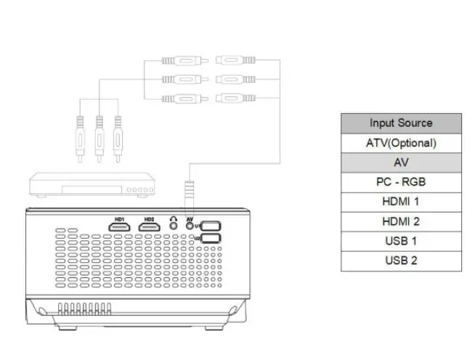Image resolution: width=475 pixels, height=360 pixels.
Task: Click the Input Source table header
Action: [x=401, y=123]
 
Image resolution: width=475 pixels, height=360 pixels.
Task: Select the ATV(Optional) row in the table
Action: [x=401, y=143]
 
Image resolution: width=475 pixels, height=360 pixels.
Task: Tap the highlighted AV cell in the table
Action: [x=401, y=163]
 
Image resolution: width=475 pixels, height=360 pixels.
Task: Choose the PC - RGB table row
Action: [x=401, y=182]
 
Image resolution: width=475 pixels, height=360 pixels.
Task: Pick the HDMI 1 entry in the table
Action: [x=401, y=202]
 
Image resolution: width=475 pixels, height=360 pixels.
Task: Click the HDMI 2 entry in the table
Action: [x=401, y=221]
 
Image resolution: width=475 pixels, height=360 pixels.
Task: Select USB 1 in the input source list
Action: [x=401, y=241]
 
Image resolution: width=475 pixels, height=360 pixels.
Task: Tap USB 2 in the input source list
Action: [x=401, y=261]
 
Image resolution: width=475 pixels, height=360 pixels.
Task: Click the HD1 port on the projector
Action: [x=120, y=227]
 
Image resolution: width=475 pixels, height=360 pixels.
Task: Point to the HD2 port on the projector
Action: [x=150, y=227]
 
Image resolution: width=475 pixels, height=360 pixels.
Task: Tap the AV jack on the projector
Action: [x=190, y=226]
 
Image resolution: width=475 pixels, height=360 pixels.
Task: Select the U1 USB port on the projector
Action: [x=211, y=226]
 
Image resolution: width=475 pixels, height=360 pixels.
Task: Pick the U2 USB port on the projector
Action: [x=211, y=238]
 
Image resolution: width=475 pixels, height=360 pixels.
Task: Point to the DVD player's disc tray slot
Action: [x=90, y=191]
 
